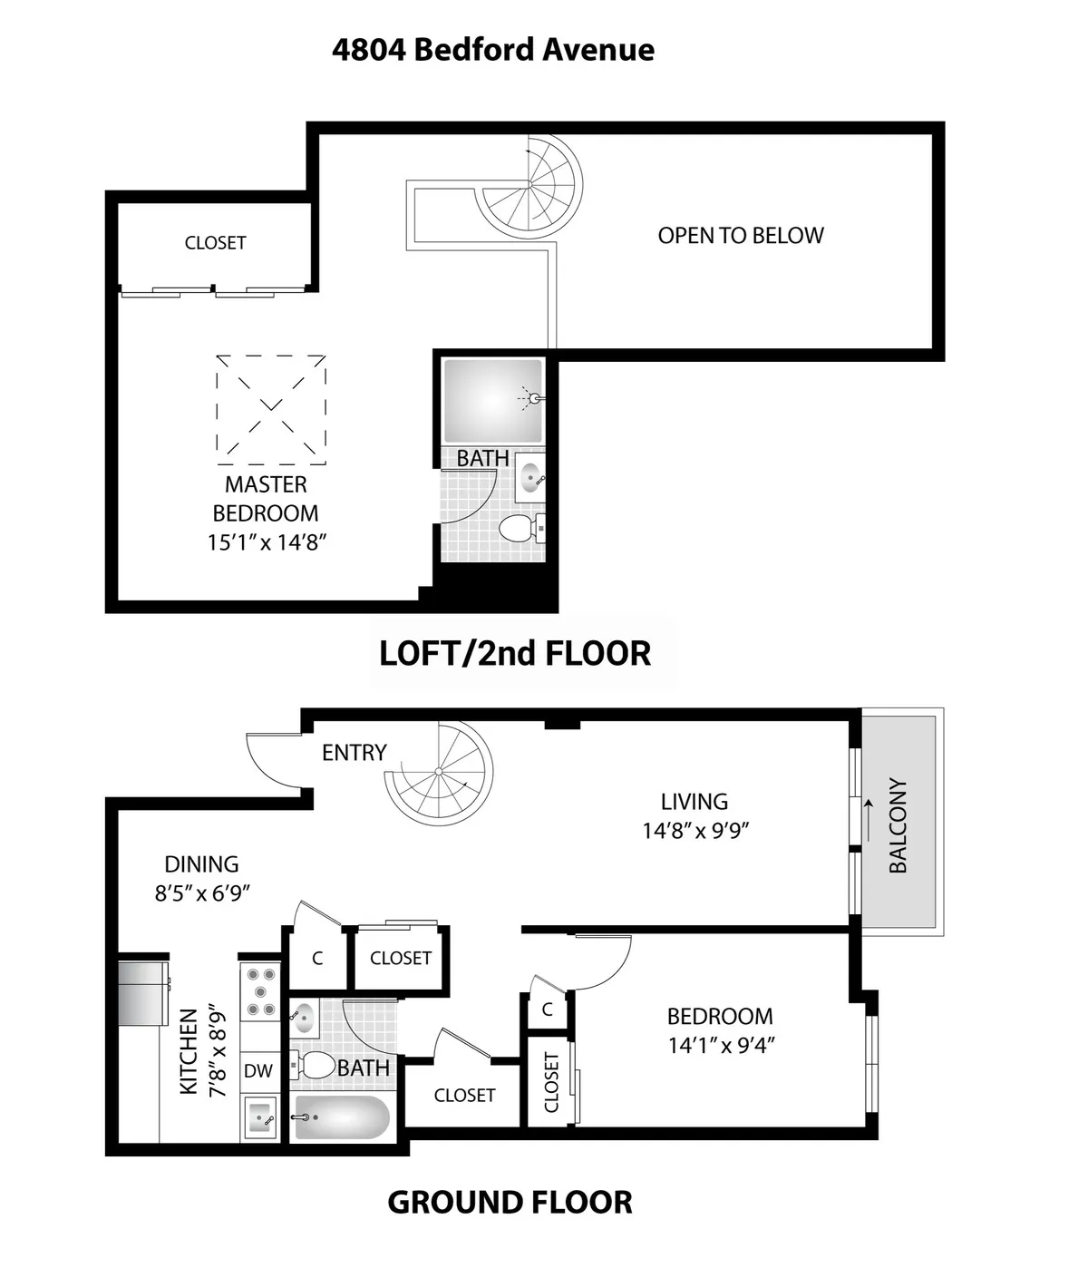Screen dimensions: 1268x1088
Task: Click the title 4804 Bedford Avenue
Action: (x=492, y=49)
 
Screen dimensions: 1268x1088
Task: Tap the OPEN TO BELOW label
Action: (x=741, y=236)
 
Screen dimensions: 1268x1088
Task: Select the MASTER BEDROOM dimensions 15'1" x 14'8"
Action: (x=266, y=542)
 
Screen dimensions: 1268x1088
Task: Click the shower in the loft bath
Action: (x=491, y=400)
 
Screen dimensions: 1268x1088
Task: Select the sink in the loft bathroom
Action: (x=530, y=477)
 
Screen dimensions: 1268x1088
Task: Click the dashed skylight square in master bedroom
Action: (x=271, y=404)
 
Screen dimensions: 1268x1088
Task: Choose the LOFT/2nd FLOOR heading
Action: (x=514, y=653)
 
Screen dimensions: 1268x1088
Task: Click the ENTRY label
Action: (x=355, y=753)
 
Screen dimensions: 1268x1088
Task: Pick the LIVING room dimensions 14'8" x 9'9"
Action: (x=695, y=830)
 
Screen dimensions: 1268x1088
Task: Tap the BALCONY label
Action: (x=898, y=824)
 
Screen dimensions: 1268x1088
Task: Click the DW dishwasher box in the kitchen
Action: (x=258, y=1071)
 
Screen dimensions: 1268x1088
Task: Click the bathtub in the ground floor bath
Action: (x=343, y=1117)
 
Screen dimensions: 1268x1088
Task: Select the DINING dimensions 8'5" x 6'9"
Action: (x=202, y=893)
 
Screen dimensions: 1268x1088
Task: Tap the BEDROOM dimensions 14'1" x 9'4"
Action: (x=721, y=1045)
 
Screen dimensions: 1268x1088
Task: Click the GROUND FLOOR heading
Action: (x=510, y=1203)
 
